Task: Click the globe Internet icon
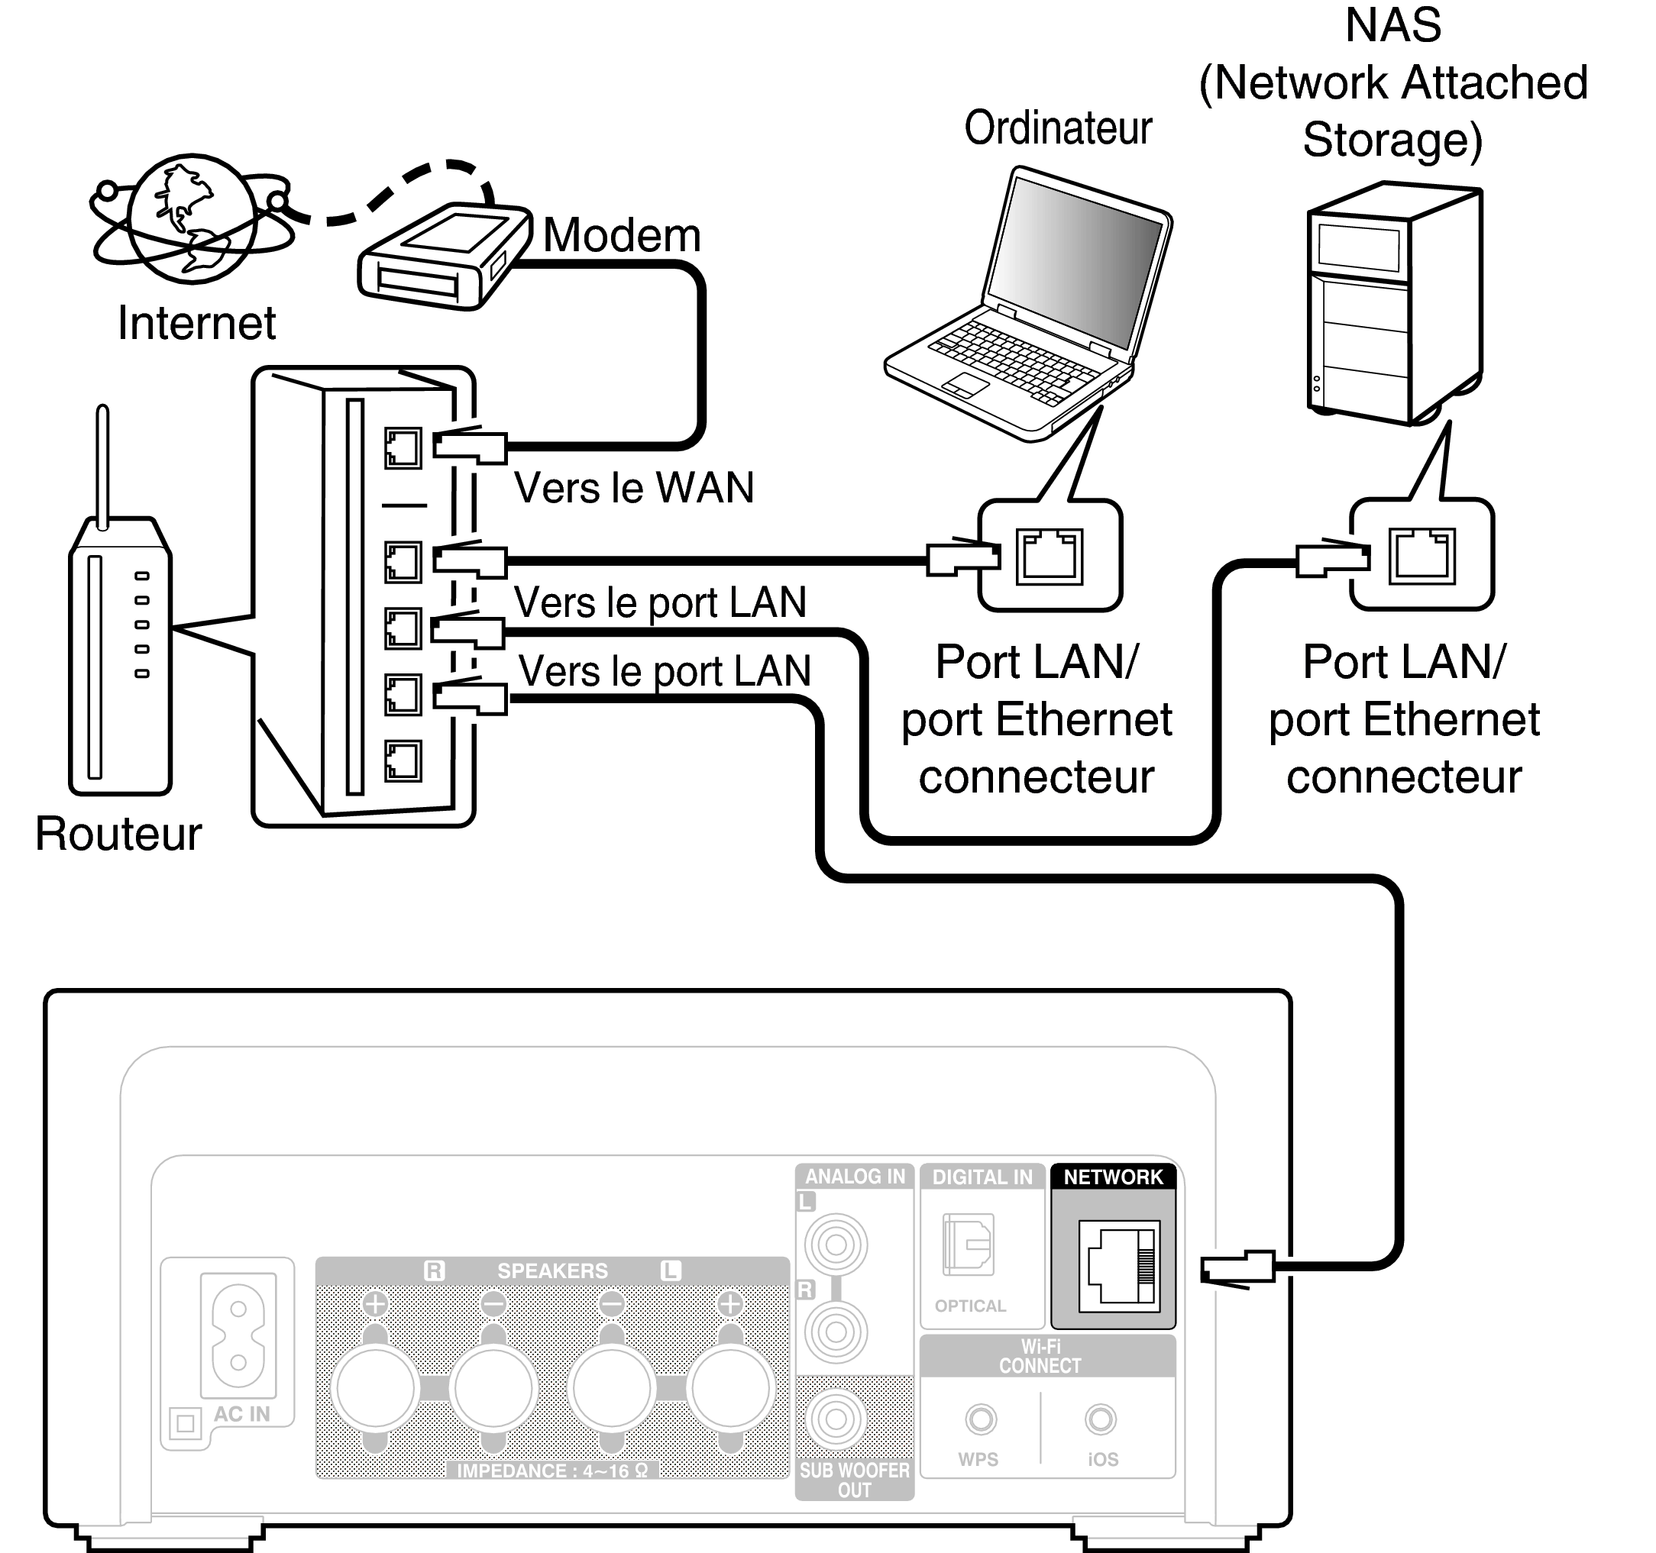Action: coord(192,218)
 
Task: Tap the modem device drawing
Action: coord(443,255)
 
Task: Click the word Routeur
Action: coord(118,834)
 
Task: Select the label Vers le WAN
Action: coord(633,488)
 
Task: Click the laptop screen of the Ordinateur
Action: coord(1075,258)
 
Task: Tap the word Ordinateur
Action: coord(1058,128)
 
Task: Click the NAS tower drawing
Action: coord(1392,304)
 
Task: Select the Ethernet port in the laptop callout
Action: coord(1049,555)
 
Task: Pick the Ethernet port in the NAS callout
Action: coord(1421,555)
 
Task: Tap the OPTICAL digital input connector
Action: coord(968,1245)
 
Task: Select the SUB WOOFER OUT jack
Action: coord(836,1420)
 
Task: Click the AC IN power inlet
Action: coord(238,1335)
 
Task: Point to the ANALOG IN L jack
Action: coord(836,1245)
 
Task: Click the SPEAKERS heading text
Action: coord(552,1270)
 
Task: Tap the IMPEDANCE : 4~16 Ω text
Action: coord(552,1471)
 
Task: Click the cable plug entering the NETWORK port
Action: coord(1237,1269)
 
